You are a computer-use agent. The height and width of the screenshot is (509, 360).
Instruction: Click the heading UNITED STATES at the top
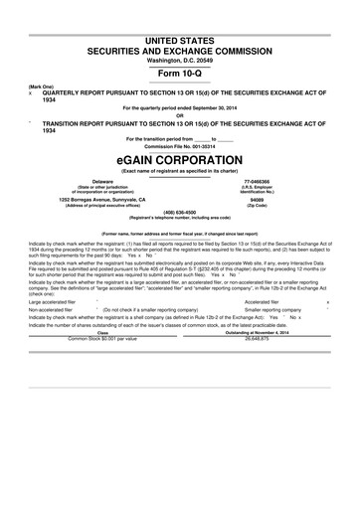tap(180, 38)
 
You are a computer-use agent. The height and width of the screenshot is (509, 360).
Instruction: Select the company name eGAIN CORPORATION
tap(180, 159)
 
